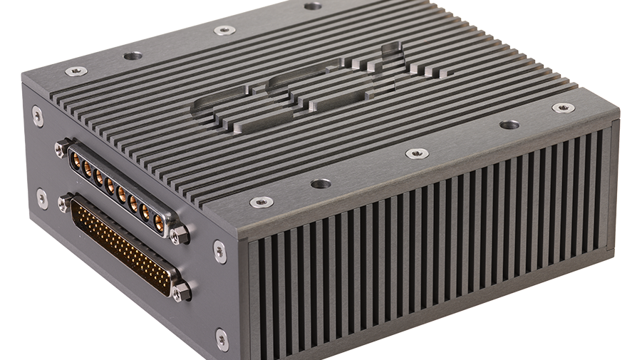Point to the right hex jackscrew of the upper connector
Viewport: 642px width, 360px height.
coord(179,233)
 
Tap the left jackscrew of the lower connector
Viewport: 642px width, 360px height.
coord(64,202)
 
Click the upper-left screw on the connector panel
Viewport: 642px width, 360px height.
coord(37,116)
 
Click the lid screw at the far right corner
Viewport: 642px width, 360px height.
coord(563,108)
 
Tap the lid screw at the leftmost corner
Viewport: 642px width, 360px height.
coord(76,71)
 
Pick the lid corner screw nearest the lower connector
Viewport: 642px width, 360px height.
coord(261,202)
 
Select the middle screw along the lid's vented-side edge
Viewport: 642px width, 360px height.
coord(417,153)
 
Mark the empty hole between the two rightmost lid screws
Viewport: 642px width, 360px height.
coord(509,125)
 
